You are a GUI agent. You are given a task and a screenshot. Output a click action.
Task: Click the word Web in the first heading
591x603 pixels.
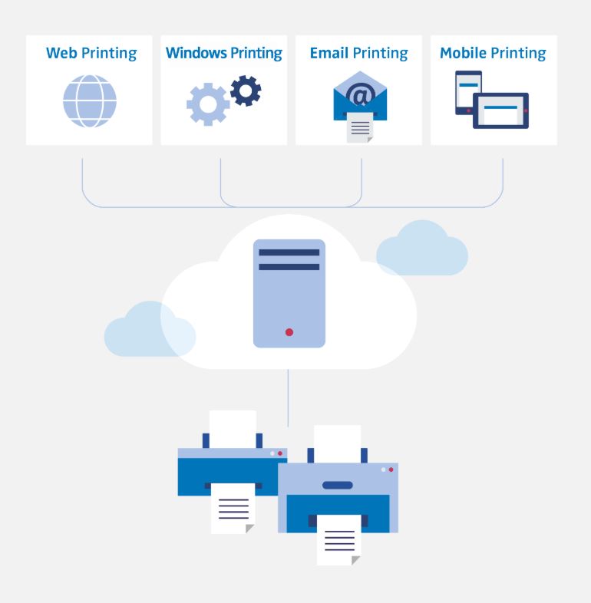point(61,54)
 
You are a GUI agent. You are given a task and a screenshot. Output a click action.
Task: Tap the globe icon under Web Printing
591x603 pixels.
point(90,101)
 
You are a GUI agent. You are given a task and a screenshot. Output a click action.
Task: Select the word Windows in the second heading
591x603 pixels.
point(196,54)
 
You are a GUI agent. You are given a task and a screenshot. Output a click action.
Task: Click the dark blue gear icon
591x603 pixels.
point(246,91)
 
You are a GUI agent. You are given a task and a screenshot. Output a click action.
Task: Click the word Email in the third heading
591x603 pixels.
point(329,54)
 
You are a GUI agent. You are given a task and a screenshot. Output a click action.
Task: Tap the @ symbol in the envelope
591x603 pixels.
point(358,96)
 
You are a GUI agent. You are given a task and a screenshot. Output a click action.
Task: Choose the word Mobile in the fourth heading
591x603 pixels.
point(463,54)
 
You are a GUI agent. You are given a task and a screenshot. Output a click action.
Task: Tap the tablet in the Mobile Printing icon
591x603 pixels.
point(500,110)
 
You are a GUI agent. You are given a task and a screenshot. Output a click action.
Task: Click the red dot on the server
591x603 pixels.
point(289,332)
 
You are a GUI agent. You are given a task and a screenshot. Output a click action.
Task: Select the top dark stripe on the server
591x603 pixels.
point(289,252)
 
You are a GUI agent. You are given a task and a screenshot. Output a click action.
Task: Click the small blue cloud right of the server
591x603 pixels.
point(422,250)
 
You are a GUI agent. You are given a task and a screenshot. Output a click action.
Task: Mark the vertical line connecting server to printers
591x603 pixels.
point(289,399)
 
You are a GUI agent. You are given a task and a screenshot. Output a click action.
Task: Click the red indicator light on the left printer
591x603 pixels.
point(279,453)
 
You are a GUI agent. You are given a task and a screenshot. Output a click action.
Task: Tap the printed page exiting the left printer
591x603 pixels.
point(233,507)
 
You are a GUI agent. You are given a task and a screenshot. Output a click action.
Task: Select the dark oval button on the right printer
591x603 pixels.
point(338,485)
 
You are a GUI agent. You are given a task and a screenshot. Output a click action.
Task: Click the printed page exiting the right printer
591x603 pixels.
point(338,539)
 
